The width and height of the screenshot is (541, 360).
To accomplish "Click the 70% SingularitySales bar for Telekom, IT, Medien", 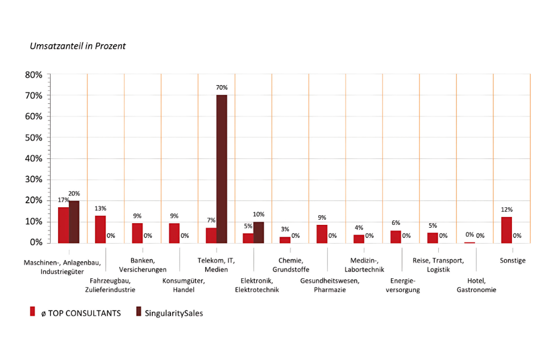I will pos(222,169).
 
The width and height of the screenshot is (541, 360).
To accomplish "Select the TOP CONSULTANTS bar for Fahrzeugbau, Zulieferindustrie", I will pos(100,229).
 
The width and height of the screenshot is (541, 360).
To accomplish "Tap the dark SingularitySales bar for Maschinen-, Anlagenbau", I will pos(74,222).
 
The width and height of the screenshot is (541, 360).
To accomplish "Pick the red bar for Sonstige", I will pos(506,230).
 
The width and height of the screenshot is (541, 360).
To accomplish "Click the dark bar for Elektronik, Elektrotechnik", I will pos(259,232).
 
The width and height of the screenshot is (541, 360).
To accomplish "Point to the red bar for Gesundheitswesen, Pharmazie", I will pos(322,234).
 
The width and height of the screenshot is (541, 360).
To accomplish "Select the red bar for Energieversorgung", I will pos(396,237).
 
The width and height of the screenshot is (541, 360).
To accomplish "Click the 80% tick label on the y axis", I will pos(33,75).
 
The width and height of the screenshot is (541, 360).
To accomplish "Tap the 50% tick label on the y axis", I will pos(33,137).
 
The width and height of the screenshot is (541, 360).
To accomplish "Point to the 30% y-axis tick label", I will pos(33,179).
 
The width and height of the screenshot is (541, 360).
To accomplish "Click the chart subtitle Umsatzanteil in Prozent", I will pos(78,46).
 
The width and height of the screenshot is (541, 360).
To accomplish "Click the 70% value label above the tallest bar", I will pos(222,87).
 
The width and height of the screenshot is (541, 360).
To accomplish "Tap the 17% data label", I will pos(63,200).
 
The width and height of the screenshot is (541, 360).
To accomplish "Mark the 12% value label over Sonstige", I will pos(506,210).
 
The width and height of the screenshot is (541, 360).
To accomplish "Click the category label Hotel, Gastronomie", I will pos(476,286).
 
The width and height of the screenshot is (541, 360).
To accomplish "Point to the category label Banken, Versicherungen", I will pos(143,265).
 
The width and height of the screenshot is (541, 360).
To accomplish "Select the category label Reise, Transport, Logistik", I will pos(438,265).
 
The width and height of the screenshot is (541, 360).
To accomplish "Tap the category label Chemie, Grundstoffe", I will pos(290,265).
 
